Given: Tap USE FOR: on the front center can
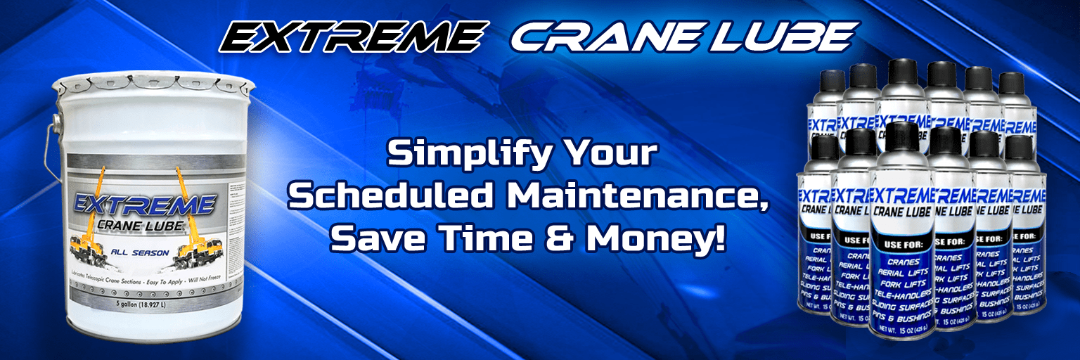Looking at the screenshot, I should tap(901, 240).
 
